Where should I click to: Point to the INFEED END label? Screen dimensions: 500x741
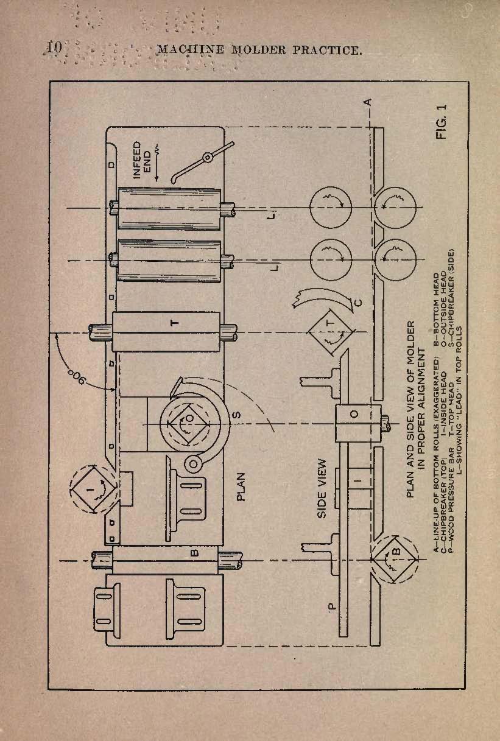(x=142, y=161)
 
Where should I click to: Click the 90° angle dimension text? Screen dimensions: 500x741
(x=75, y=377)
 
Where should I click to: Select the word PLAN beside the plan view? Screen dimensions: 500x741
(x=241, y=486)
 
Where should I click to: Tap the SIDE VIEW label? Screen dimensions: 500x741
(x=322, y=488)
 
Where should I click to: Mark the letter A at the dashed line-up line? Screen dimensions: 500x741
(x=368, y=102)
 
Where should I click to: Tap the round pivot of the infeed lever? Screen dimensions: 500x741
(x=208, y=158)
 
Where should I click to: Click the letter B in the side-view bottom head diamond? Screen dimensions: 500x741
(x=397, y=551)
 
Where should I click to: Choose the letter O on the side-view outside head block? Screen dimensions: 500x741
(x=354, y=414)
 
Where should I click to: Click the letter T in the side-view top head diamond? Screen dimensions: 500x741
(x=329, y=323)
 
